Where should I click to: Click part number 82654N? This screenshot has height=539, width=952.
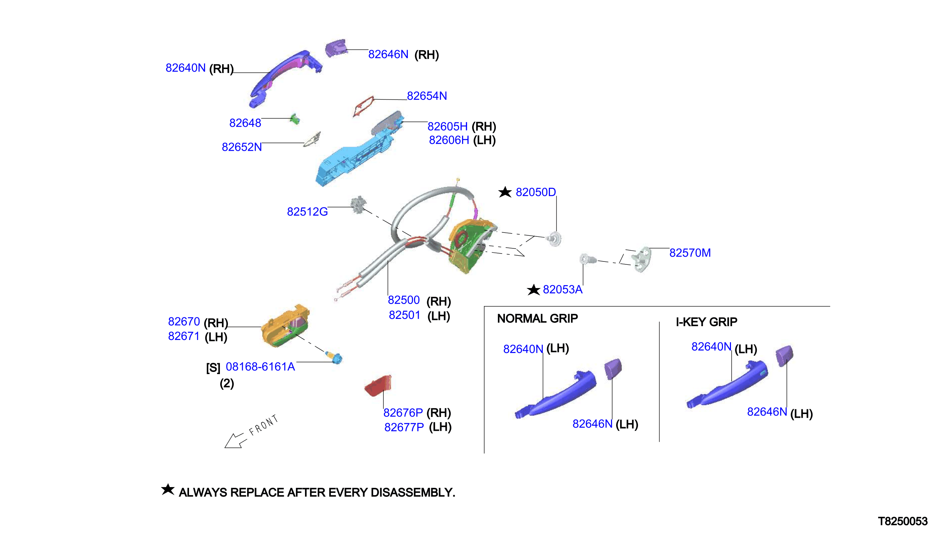coord(427,96)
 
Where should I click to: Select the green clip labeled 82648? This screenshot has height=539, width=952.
coord(295,119)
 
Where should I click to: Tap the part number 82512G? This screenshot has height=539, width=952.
coord(307,212)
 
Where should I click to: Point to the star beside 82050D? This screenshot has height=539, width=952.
coord(505,192)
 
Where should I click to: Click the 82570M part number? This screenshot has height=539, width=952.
coord(690,253)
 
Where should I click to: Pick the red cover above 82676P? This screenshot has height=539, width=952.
coord(378,386)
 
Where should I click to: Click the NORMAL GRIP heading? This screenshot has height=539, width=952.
coord(537,319)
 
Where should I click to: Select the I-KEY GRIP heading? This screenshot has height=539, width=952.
coord(706,322)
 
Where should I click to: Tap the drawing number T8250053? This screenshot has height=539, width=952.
coord(903,521)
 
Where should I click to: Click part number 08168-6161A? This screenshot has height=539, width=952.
coord(260,366)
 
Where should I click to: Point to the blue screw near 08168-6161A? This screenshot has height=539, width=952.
coord(334,357)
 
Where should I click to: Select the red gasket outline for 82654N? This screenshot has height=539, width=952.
coord(363,106)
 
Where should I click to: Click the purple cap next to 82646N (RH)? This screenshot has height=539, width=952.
coord(336,48)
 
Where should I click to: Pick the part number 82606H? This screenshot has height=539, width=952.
coord(449,140)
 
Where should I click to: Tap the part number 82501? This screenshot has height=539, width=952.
coord(405,315)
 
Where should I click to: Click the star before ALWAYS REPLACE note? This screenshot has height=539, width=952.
coord(168,489)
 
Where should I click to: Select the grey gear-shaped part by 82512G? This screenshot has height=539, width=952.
coord(358,205)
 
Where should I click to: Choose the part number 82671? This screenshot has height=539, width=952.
coord(184,336)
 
